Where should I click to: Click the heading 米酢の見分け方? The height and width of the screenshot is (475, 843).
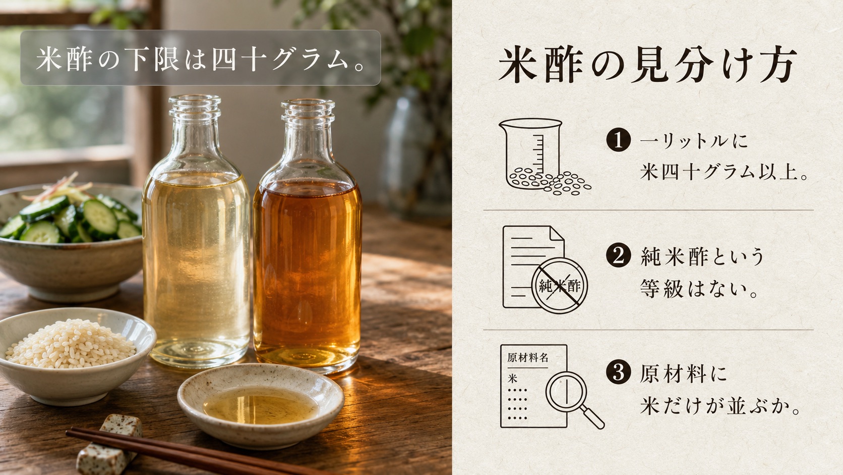click(x=647, y=65)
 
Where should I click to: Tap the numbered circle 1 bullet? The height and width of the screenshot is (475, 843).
click(x=618, y=140)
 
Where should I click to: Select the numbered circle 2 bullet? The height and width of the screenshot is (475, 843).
click(x=618, y=255)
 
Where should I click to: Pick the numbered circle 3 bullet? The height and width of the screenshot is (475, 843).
click(x=618, y=372)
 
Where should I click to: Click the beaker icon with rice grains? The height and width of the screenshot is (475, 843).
click(x=544, y=157)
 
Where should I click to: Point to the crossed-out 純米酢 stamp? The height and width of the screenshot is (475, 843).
click(x=559, y=286)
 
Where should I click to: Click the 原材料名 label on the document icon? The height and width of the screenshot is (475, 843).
click(x=527, y=357)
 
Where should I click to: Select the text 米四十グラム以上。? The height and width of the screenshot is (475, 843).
click(x=724, y=173)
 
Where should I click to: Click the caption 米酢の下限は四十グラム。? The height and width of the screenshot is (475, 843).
click(x=200, y=59)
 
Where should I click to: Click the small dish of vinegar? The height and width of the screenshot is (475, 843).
click(x=261, y=405)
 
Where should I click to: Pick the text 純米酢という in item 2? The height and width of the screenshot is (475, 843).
click(x=702, y=256)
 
